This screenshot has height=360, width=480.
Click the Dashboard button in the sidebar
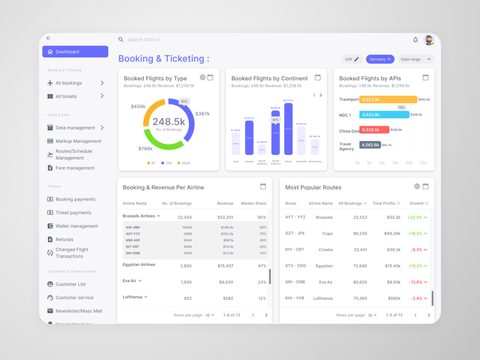click(75, 52)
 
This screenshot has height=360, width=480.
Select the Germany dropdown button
click(380, 59)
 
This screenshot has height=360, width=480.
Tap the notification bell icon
click(415, 40)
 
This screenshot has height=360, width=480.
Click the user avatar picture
click(428, 40)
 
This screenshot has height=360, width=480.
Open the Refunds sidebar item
click(64, 240)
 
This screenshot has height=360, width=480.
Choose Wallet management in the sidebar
click(77, 226)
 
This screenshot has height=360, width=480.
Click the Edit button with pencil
click(352, 59)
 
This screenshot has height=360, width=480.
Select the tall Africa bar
click(288, 129)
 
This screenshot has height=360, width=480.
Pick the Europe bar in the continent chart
click(249, 138)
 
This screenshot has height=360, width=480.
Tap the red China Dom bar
click(374, 130)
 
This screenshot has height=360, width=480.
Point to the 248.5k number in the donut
click(169, 122)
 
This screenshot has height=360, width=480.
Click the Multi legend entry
click(184, 163)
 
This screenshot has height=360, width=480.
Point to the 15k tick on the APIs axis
click(395, 163)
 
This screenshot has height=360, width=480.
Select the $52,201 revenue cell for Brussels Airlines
click(225, 217)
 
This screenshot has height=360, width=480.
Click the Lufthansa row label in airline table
click(133, 297)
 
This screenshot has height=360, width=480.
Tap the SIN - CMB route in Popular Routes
click(295, 282)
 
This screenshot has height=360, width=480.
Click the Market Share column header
click(253, 204)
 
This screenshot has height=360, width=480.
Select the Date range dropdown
click(416, 59)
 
